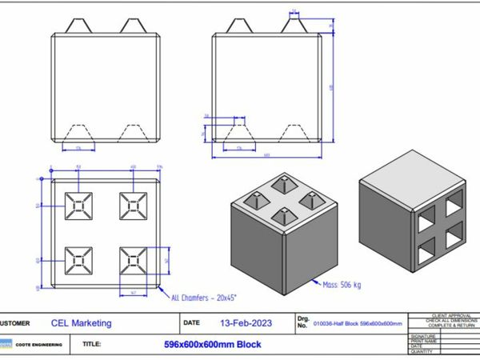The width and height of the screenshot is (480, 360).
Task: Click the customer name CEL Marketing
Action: coord(81,323)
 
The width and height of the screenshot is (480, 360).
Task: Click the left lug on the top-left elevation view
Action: coord(79,26)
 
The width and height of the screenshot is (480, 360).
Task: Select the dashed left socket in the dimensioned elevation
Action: coord(239,132)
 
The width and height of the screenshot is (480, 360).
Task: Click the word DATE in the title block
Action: coord(192,323)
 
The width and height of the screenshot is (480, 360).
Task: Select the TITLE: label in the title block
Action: coord(91,345)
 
